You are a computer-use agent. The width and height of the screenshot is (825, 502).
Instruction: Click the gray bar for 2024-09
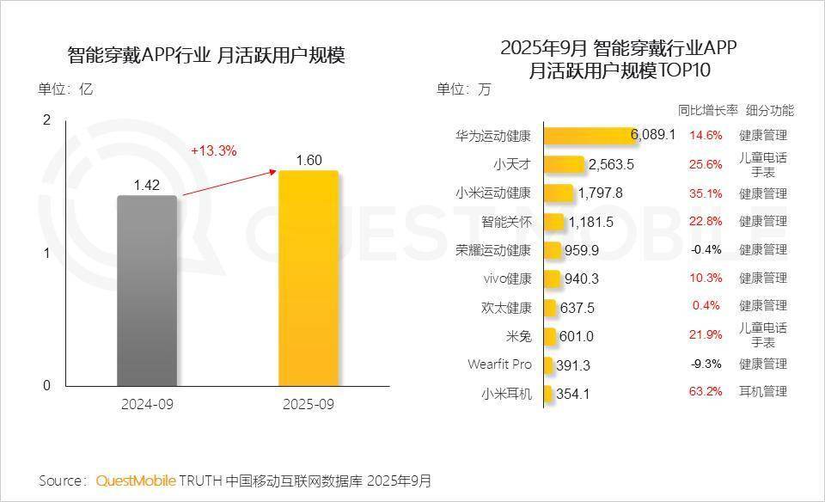pos(147,291)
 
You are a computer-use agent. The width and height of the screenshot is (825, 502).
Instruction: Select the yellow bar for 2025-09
pos(308,278)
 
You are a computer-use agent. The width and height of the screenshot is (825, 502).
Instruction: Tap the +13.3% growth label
pos(213,150)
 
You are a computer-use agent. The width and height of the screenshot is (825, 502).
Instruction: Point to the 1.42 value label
pos(147,184)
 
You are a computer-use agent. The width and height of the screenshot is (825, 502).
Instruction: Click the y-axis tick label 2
pos(46,120)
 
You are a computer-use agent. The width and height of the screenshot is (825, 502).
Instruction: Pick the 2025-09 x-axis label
pos(308,404)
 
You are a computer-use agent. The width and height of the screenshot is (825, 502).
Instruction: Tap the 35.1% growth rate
pos(706,193)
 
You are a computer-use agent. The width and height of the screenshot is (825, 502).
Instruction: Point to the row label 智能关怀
pos(507,222)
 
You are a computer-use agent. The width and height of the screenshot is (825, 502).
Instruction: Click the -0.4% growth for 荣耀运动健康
pos(706,250)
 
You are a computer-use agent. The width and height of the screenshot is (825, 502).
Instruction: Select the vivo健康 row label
pos(508,279)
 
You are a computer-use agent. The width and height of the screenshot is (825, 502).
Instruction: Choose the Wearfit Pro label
pos(499,364)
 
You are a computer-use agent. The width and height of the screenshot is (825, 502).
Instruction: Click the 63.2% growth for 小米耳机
pos(706,393)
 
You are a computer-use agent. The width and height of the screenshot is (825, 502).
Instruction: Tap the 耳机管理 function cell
pos(763,393)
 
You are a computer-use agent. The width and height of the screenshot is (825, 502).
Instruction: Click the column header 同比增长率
pos(708,110)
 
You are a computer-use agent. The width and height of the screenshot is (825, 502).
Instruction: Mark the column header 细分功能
pos(770,110)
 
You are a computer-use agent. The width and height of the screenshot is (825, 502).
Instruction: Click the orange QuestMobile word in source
pos(136,480)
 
